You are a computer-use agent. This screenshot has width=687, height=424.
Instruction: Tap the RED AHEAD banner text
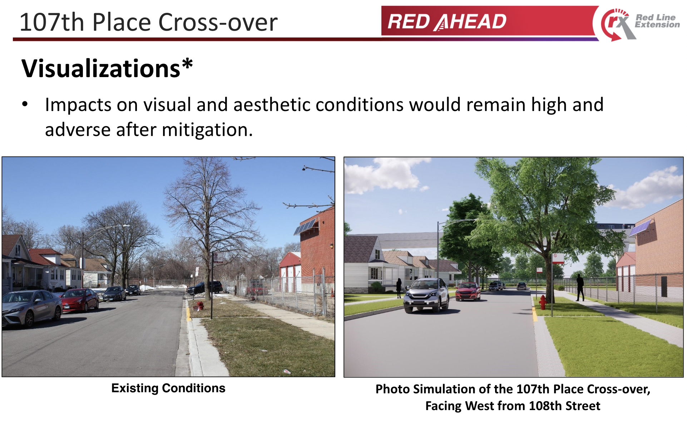pos(447,22)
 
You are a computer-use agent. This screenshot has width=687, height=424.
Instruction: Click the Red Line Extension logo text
pos(657,21)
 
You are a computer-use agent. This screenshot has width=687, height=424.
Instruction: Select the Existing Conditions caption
pos(168,388)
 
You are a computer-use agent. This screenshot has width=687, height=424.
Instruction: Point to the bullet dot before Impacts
pos(25,104)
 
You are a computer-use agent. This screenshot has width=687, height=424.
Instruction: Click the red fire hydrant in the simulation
pos(543,302)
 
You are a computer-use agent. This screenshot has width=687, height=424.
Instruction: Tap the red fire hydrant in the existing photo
pos(200,306)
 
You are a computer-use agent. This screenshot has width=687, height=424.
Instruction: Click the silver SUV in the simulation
pos(426,295)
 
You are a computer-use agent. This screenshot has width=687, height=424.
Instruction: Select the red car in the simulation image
pos(468,291)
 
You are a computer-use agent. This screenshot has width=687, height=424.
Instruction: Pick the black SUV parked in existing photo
pos(205,287)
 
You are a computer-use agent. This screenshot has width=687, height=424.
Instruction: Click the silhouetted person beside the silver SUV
pos(399,288)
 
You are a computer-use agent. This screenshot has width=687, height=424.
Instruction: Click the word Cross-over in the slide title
pos(218,22)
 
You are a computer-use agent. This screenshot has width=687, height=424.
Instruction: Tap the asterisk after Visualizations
pos(187,64)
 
